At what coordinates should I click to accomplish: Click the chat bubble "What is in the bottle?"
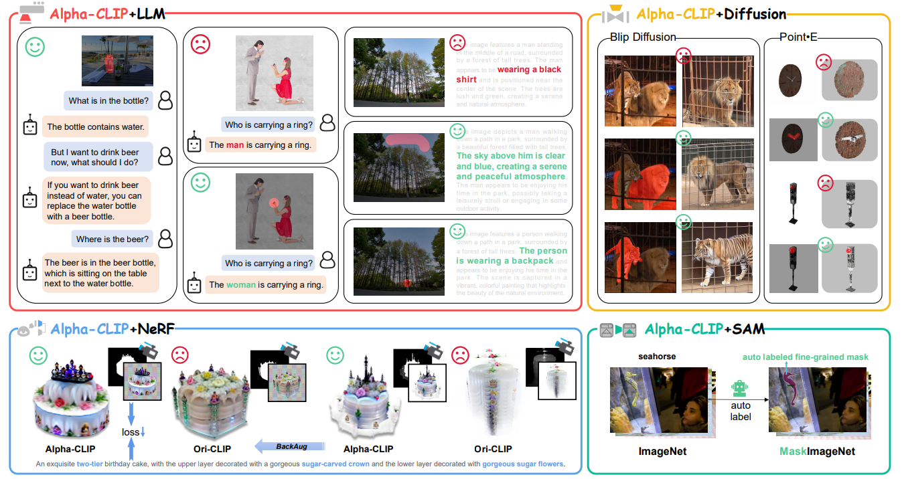point(109,101)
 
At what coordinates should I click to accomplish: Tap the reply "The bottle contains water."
point(96,126)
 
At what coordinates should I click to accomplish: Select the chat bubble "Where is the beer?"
point(112,239)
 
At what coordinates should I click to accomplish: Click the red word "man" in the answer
point(235,145)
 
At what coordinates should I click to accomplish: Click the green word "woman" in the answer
point(241,284)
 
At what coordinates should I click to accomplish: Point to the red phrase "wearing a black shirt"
point(509,74)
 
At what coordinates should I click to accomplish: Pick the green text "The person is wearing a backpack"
point(510,256)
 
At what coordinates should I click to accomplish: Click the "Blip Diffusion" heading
point(642,37)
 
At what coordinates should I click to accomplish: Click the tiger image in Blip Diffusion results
point(717,258)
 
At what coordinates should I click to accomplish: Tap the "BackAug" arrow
point(289,446)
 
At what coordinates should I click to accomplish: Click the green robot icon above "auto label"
point(739,389)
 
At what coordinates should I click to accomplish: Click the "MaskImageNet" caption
point(817,452)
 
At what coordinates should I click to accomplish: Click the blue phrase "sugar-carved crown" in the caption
point(335,464)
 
